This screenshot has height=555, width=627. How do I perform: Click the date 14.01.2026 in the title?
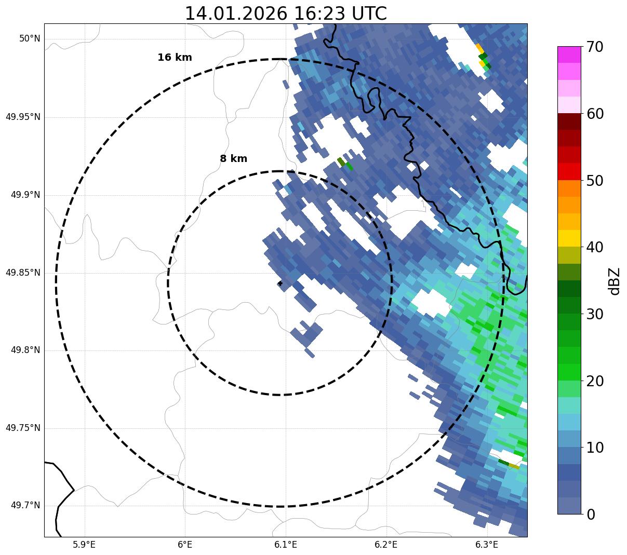[235, 13]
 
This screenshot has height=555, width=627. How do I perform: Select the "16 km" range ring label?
[175, 58]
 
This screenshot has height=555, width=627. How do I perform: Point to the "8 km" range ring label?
[233, 159]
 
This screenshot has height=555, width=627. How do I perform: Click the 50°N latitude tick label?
[30, 39]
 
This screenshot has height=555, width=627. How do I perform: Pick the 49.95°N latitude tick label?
[23, 117]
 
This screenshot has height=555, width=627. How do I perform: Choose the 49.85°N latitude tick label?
[23, 273]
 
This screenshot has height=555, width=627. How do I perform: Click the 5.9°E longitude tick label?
[84, 545]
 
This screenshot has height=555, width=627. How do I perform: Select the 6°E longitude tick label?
[185, 545]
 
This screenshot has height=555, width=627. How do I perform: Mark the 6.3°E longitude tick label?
[487, 545]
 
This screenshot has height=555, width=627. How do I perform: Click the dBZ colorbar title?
[615, 281]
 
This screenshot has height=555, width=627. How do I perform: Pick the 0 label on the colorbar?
[591, 515]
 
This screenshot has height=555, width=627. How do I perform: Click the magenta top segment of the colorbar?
[569, 55]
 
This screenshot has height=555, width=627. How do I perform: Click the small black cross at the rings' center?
[280, 283]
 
